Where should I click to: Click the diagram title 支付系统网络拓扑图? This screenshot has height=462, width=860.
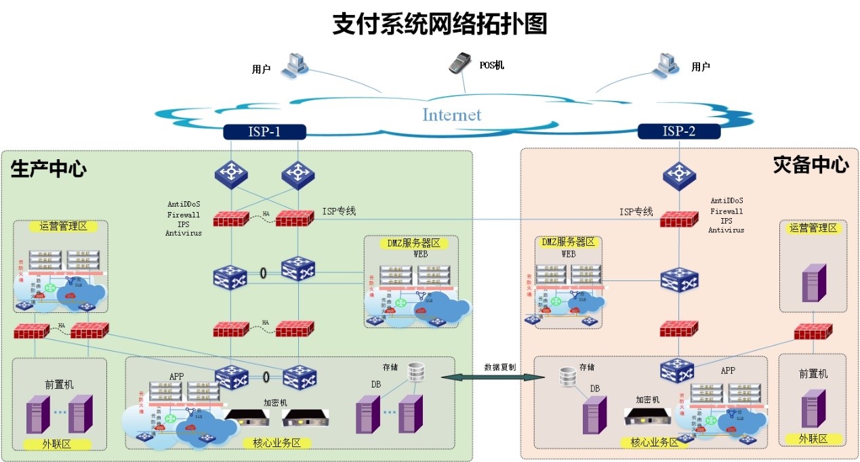(x=439, y=24)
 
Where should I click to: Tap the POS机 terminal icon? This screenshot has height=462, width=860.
(x=459, y=63)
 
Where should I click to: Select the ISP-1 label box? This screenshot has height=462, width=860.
(x=264, y=131)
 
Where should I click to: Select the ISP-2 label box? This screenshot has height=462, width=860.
(x=679, y=131)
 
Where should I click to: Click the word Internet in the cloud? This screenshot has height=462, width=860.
(x=452, y=114)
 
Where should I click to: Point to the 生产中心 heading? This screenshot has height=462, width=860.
(x=49, y=169)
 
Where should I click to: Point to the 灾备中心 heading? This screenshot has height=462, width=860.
(x=811, y=165)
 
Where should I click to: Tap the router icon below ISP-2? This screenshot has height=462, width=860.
(x=679, y=174)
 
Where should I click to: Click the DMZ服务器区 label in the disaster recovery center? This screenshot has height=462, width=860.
(x=568, y=242)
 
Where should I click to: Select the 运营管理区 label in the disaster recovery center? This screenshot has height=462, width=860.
(x=813, y=228)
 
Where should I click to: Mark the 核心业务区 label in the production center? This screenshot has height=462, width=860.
(x=277, y=443)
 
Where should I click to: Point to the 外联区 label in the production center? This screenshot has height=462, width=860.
(x=58, y=444)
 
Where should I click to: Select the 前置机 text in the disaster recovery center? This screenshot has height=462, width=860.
(x=813, y=373)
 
